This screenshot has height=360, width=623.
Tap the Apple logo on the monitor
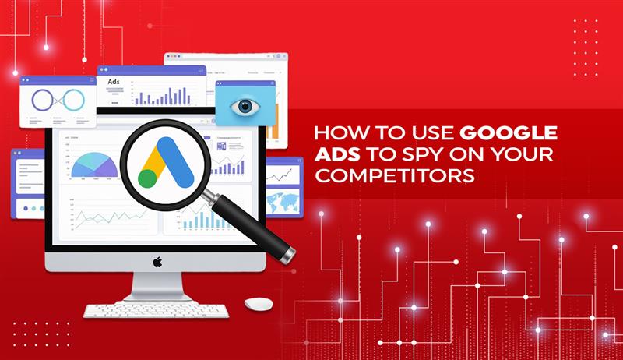point(157,262)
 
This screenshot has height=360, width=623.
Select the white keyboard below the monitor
point(155,310)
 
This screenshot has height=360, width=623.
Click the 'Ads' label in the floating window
point(114,82)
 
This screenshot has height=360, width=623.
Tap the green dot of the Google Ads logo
point(146,178)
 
